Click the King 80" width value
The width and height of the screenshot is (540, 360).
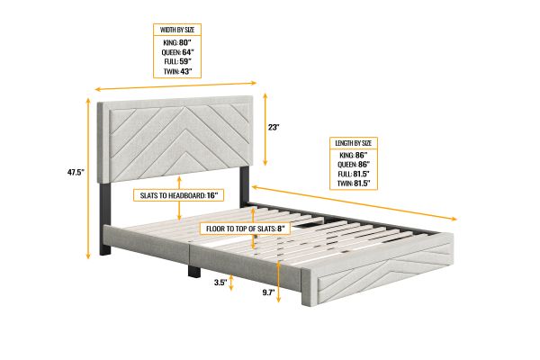click(177, 42)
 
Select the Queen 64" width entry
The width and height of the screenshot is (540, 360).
click(177, 52)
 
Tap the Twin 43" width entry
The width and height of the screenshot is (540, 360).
click(177, 72)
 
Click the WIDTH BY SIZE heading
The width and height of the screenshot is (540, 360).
click(177, 30)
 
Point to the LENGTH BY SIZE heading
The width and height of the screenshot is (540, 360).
click(354, 143)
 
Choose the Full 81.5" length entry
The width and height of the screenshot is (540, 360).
click(354, 174)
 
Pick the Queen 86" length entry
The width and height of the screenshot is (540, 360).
click(354, 165)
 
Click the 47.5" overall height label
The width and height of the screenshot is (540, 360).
click(76, 172)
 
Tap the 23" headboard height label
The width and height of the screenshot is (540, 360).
click(274, 127)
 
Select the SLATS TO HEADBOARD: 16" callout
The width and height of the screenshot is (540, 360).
click(178, 195)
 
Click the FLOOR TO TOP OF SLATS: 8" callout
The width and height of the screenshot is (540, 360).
click(245, 229)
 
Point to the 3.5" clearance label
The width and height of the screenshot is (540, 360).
click(220, 283)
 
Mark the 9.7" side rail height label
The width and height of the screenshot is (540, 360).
click(268, 292)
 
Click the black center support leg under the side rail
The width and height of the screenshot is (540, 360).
click(194, 270)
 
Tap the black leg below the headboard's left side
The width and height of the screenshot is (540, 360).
click(105, 219)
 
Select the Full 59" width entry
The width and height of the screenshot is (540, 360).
click(177, 62)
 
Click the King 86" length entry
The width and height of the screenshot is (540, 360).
click(354, 155)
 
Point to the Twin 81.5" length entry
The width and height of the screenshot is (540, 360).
click(354, 184)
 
